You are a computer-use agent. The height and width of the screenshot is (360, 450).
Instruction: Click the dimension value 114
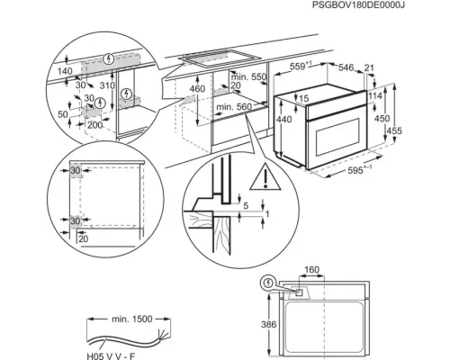377,96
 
